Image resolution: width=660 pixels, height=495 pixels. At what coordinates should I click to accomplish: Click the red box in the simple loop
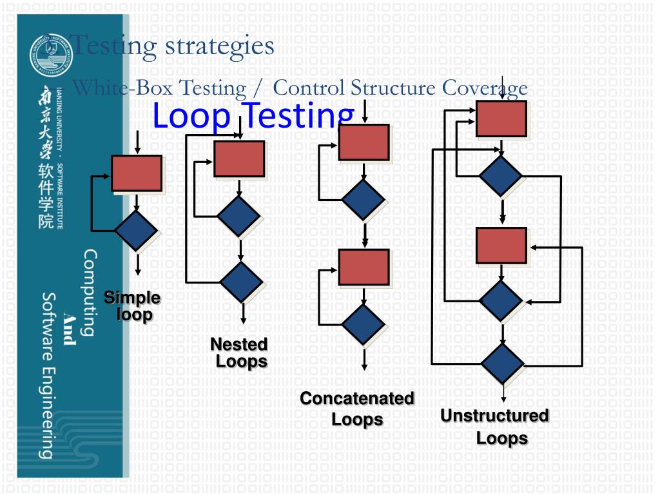(137, 173)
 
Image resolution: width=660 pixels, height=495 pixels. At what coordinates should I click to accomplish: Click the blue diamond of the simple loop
(136, 231)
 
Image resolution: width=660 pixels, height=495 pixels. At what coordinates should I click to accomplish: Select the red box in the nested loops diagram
(239, 159)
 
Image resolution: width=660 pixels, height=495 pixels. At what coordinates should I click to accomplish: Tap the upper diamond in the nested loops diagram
(239, 216)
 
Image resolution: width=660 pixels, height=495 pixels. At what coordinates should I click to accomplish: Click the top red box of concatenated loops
(364, 142)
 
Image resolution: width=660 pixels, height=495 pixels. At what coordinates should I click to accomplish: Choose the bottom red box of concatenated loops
(364, 267)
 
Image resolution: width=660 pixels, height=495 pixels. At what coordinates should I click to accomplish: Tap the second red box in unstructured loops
(501, 246)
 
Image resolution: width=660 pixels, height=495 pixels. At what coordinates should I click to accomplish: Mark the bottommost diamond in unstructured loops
(503, 363)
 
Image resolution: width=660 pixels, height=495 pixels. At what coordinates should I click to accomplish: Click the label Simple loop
(133, 307)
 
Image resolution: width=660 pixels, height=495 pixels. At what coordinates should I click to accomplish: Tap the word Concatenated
(357, 399)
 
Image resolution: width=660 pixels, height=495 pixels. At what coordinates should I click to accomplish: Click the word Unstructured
(494, 416)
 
